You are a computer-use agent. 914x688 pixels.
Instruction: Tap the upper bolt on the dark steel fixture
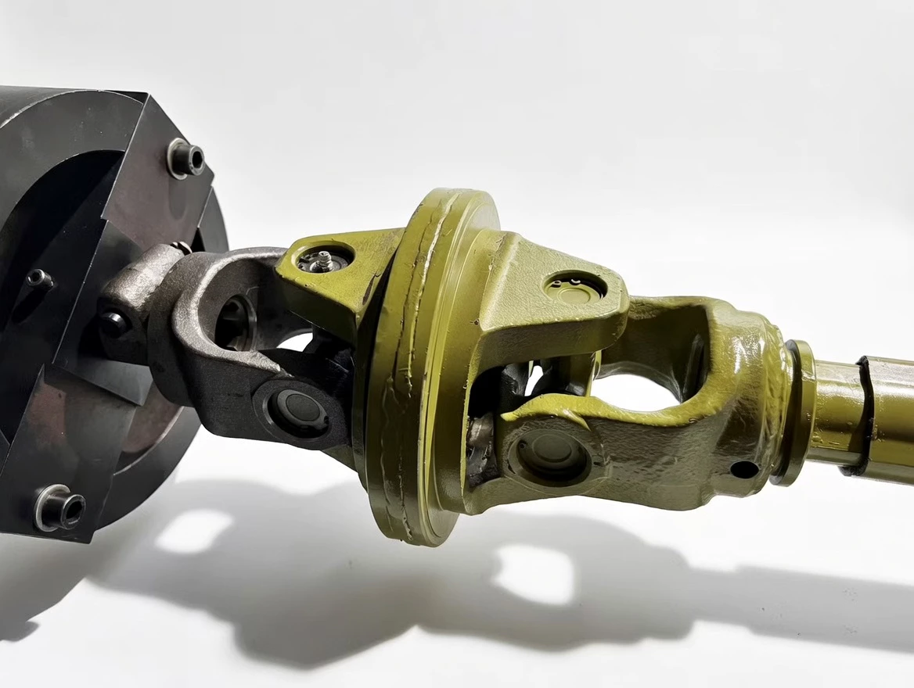point(186,159)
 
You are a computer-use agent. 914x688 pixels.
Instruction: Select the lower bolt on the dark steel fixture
point(60,508)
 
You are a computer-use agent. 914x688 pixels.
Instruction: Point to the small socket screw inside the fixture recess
point(37,279)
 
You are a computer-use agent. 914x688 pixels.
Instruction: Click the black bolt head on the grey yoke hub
point(113,323)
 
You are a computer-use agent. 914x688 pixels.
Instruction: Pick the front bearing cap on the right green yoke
point(549,456)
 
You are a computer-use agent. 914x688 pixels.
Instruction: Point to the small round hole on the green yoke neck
point(743,470)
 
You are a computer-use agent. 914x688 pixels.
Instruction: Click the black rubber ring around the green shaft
point(864,414)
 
